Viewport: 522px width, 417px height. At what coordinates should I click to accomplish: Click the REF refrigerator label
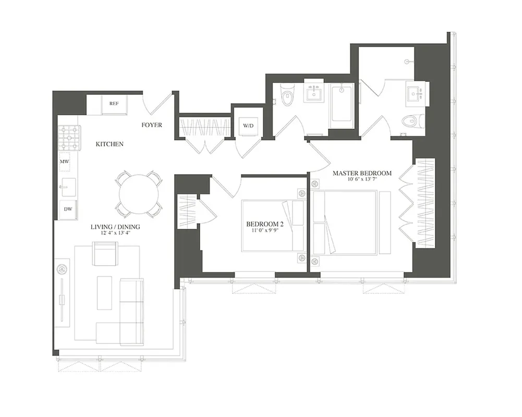coord(114,104)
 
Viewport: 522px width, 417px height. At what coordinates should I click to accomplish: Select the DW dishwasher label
coord(68,208)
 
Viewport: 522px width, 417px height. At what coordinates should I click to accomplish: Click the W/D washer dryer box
coord(247,126)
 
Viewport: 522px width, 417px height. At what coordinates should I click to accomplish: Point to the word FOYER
coord(152,125)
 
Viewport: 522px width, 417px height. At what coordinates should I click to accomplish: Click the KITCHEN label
coord(109,144)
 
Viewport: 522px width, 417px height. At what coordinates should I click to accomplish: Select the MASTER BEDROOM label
coord(362,173)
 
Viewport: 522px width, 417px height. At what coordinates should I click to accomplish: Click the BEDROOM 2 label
coord(265,225)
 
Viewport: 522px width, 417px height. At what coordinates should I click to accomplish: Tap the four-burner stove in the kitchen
coord(69,138)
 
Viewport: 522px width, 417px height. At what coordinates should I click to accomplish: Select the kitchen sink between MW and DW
coord(68,186)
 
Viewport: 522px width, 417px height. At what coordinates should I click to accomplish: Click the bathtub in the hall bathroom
coord(341,105)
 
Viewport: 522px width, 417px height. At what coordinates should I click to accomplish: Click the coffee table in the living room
coord(104,292)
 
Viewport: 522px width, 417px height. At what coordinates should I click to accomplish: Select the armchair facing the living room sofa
coord(105,253)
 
